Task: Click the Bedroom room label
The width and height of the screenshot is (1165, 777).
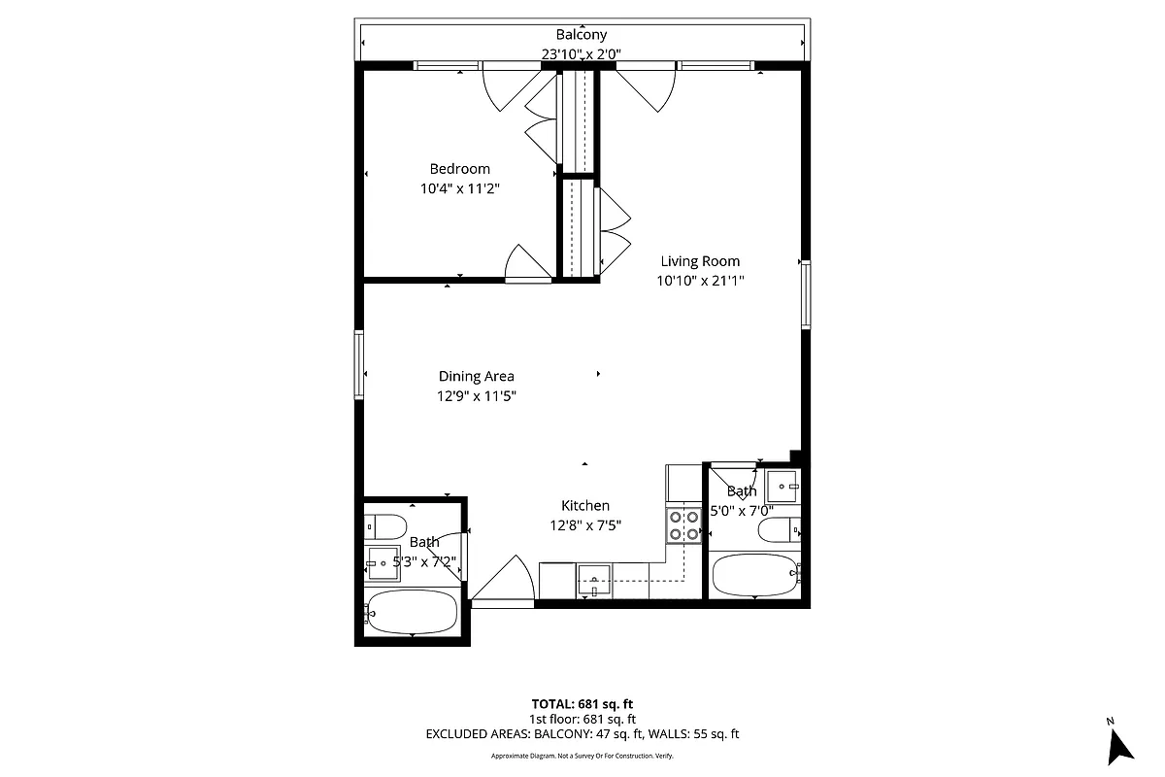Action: click(459, 169)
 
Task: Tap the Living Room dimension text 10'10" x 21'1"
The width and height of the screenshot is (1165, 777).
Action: click(700, 282)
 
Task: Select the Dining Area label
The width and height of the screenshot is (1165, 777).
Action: click(476, 377)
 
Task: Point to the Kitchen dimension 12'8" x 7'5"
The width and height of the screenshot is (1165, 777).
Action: click(585, 525)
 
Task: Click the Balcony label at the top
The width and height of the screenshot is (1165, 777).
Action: click(582, 35)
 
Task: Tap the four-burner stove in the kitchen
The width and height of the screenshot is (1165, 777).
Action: click(683, 524)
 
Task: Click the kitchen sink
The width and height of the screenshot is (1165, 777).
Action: click(594, 580)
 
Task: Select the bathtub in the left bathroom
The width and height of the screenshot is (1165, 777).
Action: click(412, 612)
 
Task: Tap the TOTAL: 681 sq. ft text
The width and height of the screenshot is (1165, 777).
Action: click(582, 704)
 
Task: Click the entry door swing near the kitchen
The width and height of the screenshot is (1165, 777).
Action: click(505, 583)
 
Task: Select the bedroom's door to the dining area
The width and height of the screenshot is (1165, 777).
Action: click(527, 263)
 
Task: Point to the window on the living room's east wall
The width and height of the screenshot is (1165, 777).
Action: click(806, 294)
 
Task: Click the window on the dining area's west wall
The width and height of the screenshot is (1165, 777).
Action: click(359, 364)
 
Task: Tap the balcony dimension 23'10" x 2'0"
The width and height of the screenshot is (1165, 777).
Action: click(582, 55)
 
